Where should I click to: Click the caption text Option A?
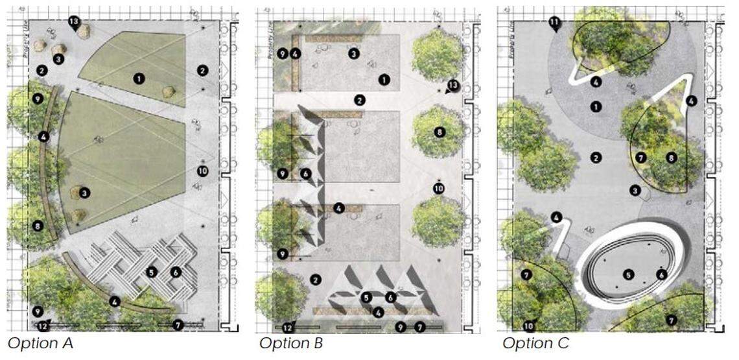[40, 343]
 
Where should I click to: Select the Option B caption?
[291, 343]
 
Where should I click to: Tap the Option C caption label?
[535, 343]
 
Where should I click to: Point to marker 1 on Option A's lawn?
[138, 78]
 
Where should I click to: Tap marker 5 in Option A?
[152, 272]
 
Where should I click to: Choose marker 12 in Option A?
[42, 325]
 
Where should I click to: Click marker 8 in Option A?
[38, 226]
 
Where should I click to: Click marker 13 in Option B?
[453, 86]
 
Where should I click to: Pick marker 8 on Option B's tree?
[439, 132]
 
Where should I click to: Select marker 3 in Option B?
[353, 54]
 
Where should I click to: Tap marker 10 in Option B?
[438, 188]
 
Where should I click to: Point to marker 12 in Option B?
[288, 326]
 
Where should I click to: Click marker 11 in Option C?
[555, 24]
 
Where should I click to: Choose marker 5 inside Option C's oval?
[628, 274]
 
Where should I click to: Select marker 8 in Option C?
[671, 157]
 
